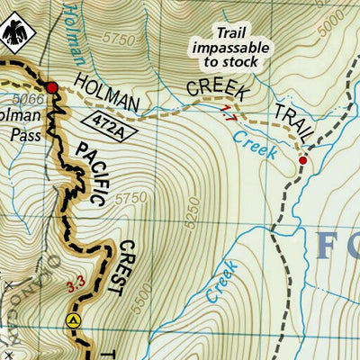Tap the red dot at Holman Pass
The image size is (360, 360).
pyautogui.click(x=52, y=87)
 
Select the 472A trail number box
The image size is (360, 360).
pyautogui.click(x=108, y=121)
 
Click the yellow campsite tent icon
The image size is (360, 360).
pyautogui.click(x=74, y=319)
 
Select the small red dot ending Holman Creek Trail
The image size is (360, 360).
pyautogui.click(x=303, y=160)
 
